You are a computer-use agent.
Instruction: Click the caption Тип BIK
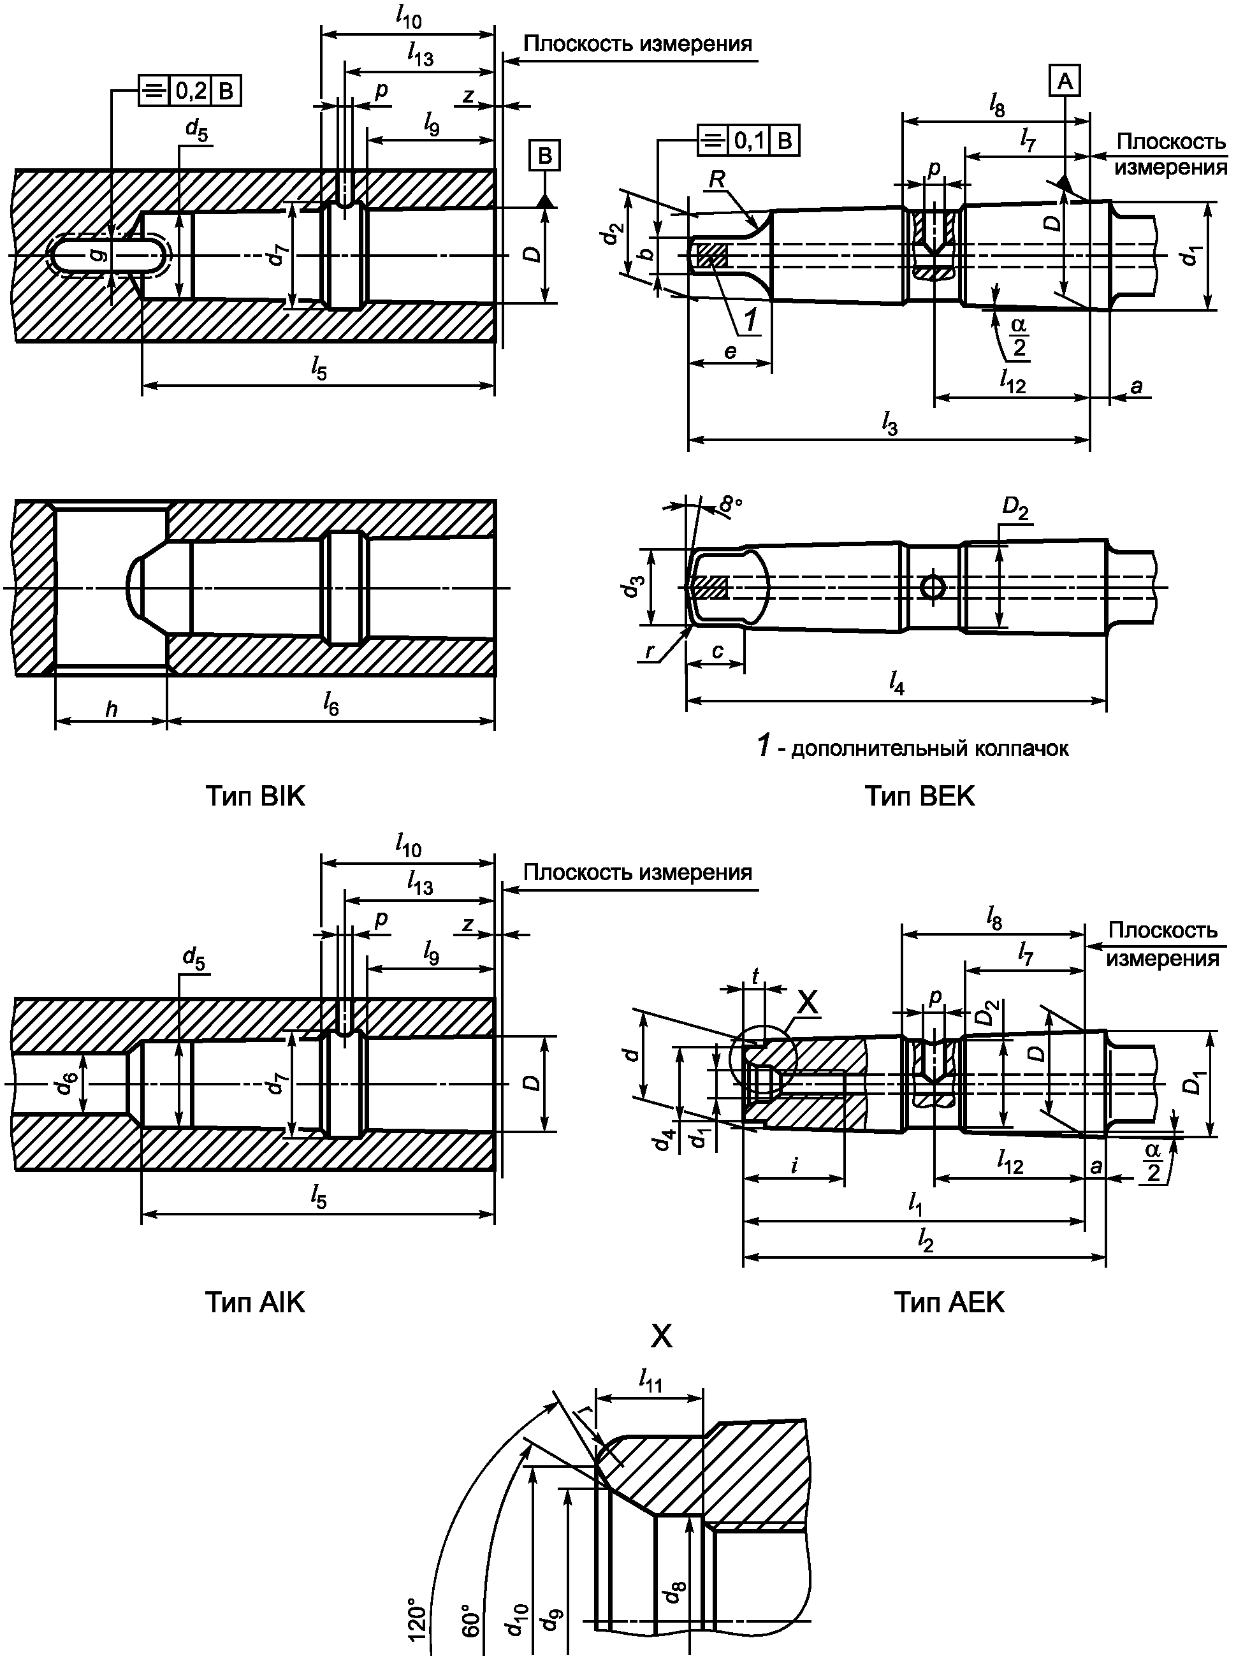coord(255,797)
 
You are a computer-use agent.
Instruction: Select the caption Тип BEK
coord(920,797)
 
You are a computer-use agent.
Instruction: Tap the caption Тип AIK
coord(255,1303)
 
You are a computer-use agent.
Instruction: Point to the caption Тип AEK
coord(949,1303)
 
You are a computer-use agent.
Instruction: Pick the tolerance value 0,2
coord(191,91)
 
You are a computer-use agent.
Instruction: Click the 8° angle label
coord(731,505)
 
